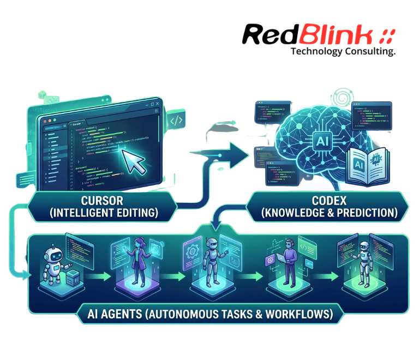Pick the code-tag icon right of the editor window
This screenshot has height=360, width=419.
pos(175,120)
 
